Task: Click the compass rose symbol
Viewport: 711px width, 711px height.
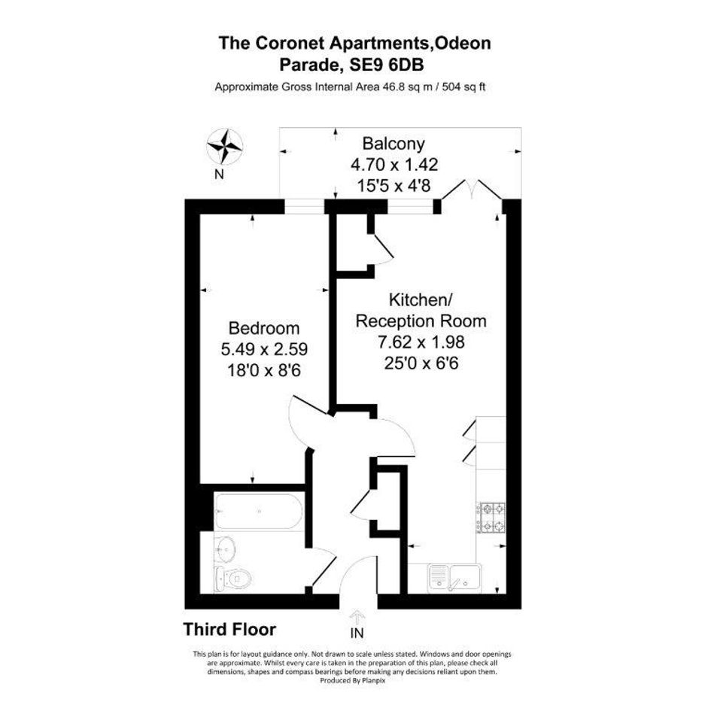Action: point(225,147)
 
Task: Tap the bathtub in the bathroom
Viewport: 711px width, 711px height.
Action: point(259,512)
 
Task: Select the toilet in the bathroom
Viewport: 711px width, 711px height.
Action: point(233,578)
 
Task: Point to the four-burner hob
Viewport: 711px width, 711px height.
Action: point(491,518)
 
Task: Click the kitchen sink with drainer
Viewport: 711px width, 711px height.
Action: point(454,577)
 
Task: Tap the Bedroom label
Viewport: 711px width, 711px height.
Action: point(264,328)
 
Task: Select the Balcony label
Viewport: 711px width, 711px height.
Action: point(393,144)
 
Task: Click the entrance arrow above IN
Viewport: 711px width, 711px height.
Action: point(357,617)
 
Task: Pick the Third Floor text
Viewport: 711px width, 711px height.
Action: point(229,630)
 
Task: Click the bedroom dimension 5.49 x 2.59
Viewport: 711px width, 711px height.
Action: point(264,349)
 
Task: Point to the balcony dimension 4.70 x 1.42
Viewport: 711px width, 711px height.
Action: point(394,165)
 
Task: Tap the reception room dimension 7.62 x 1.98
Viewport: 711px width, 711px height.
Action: point(421,342)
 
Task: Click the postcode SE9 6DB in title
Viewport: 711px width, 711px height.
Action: point(387,65)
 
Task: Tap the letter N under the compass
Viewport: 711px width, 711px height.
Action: point(220,174)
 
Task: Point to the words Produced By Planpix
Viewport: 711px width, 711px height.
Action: point(352,681)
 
